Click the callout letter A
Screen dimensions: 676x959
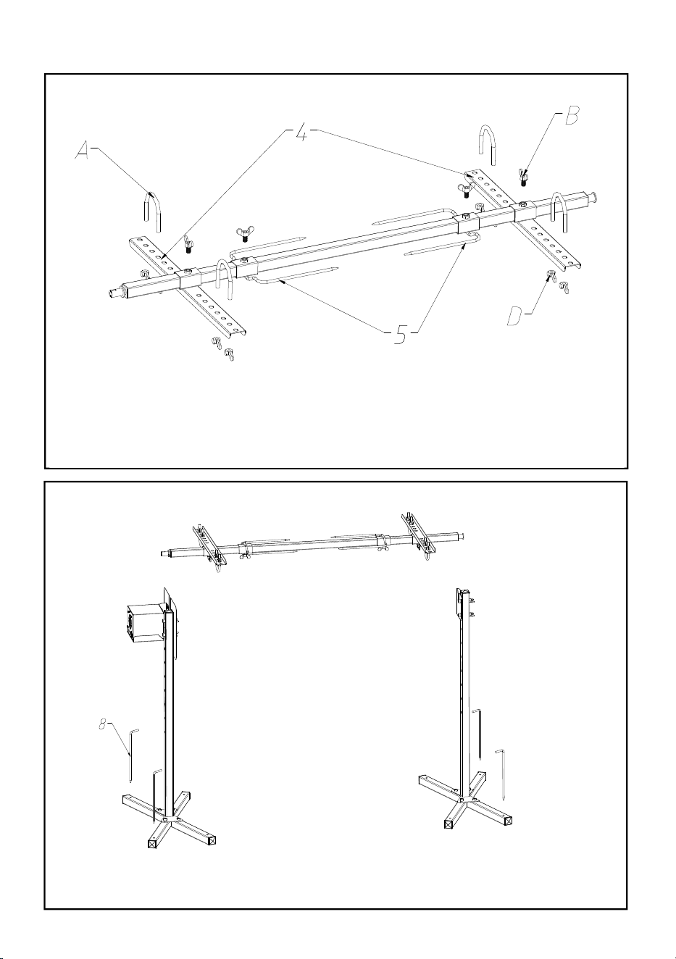pos(83,151)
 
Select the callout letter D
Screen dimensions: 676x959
pos(515,316)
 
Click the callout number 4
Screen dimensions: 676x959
pos(301,133)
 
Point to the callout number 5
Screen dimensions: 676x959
pos(400,335)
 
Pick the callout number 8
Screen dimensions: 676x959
pos(102,724)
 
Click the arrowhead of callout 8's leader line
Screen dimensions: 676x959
pos(130,754)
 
